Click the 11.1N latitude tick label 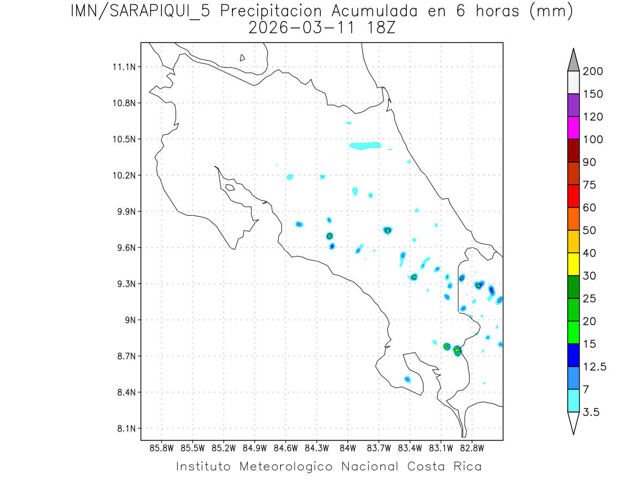pos(123,67)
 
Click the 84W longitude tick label pos(348,448)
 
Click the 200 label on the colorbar pos(593,71)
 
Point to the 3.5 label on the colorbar pos(591,412)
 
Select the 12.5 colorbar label pos(594,367)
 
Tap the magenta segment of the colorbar pos(573,128)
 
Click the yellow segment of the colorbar pos(573,264)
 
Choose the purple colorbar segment pos(573,105)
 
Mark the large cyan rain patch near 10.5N pos(364,145)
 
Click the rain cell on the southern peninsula pos(407,379)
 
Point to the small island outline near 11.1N pos(243,57)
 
